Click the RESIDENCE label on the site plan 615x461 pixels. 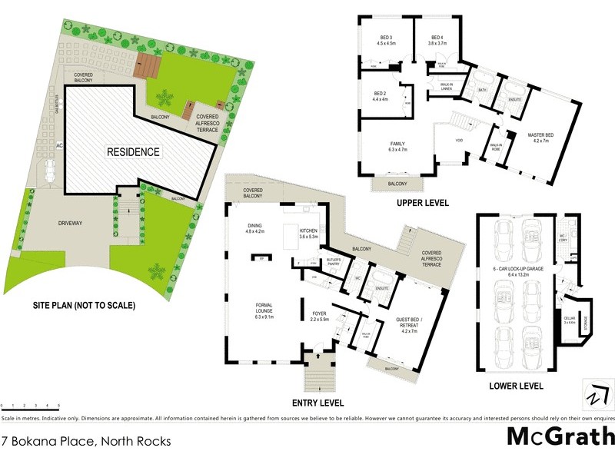(134, 152)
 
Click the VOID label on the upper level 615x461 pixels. (459, 141)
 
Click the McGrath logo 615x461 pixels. (560, 436)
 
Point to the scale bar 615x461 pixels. (31, 404)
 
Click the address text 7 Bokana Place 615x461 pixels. (86, 441)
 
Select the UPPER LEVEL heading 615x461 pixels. (423, 204)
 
